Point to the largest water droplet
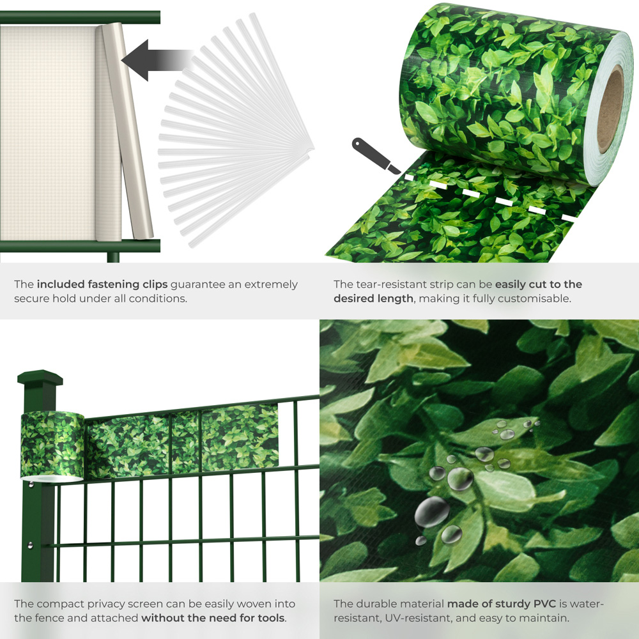[432, 511]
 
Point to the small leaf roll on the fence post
[52, 446]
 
